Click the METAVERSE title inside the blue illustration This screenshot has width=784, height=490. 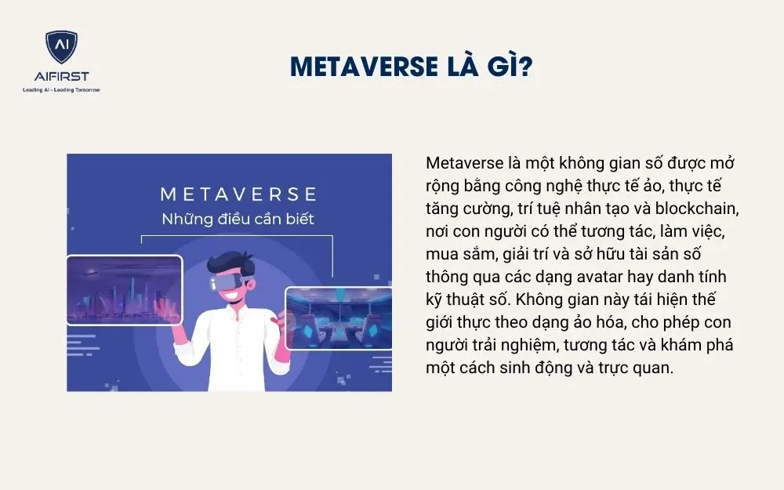point(238,194)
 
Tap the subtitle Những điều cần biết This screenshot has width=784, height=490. point(238,219)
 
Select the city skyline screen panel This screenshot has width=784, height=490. point(125,290)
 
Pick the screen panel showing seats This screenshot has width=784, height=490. point(339,318)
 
